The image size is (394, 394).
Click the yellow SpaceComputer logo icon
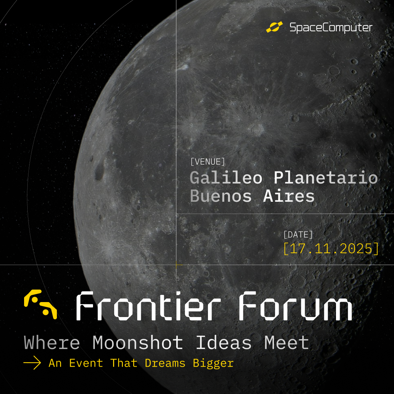[x=275, y=27]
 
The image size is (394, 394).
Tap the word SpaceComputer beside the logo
[x=331, y=27]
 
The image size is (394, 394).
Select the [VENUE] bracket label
[x=208, y=162]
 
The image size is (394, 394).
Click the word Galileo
[x=226, y=178]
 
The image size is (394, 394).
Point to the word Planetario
[x=325, y=178]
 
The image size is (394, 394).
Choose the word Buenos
[x=221, y=196]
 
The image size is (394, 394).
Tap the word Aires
[x=289, y=196]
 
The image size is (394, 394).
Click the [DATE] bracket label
[x=298, y=235]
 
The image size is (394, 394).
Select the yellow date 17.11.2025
[x=331, y=248]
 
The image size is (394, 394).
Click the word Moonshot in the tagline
[x=138, y=343]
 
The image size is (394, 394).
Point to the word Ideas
[x=224, y=343]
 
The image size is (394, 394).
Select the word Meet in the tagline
[x=287, y=343]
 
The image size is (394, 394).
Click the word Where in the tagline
[x=52, y=343]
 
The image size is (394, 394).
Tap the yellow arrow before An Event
[x=32, y=363]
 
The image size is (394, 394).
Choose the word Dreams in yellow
[x=165, y=363]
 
